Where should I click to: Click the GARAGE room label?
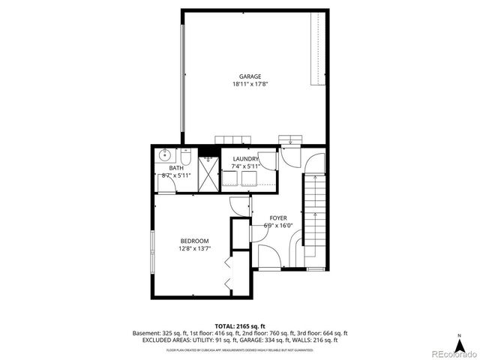point(250,76)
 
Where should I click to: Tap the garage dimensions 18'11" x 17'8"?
point(250,85)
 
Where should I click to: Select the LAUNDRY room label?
point(246,159)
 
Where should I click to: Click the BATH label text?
point(175,168)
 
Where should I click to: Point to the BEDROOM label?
point(194,241)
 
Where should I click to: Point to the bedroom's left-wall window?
point(153,251)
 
